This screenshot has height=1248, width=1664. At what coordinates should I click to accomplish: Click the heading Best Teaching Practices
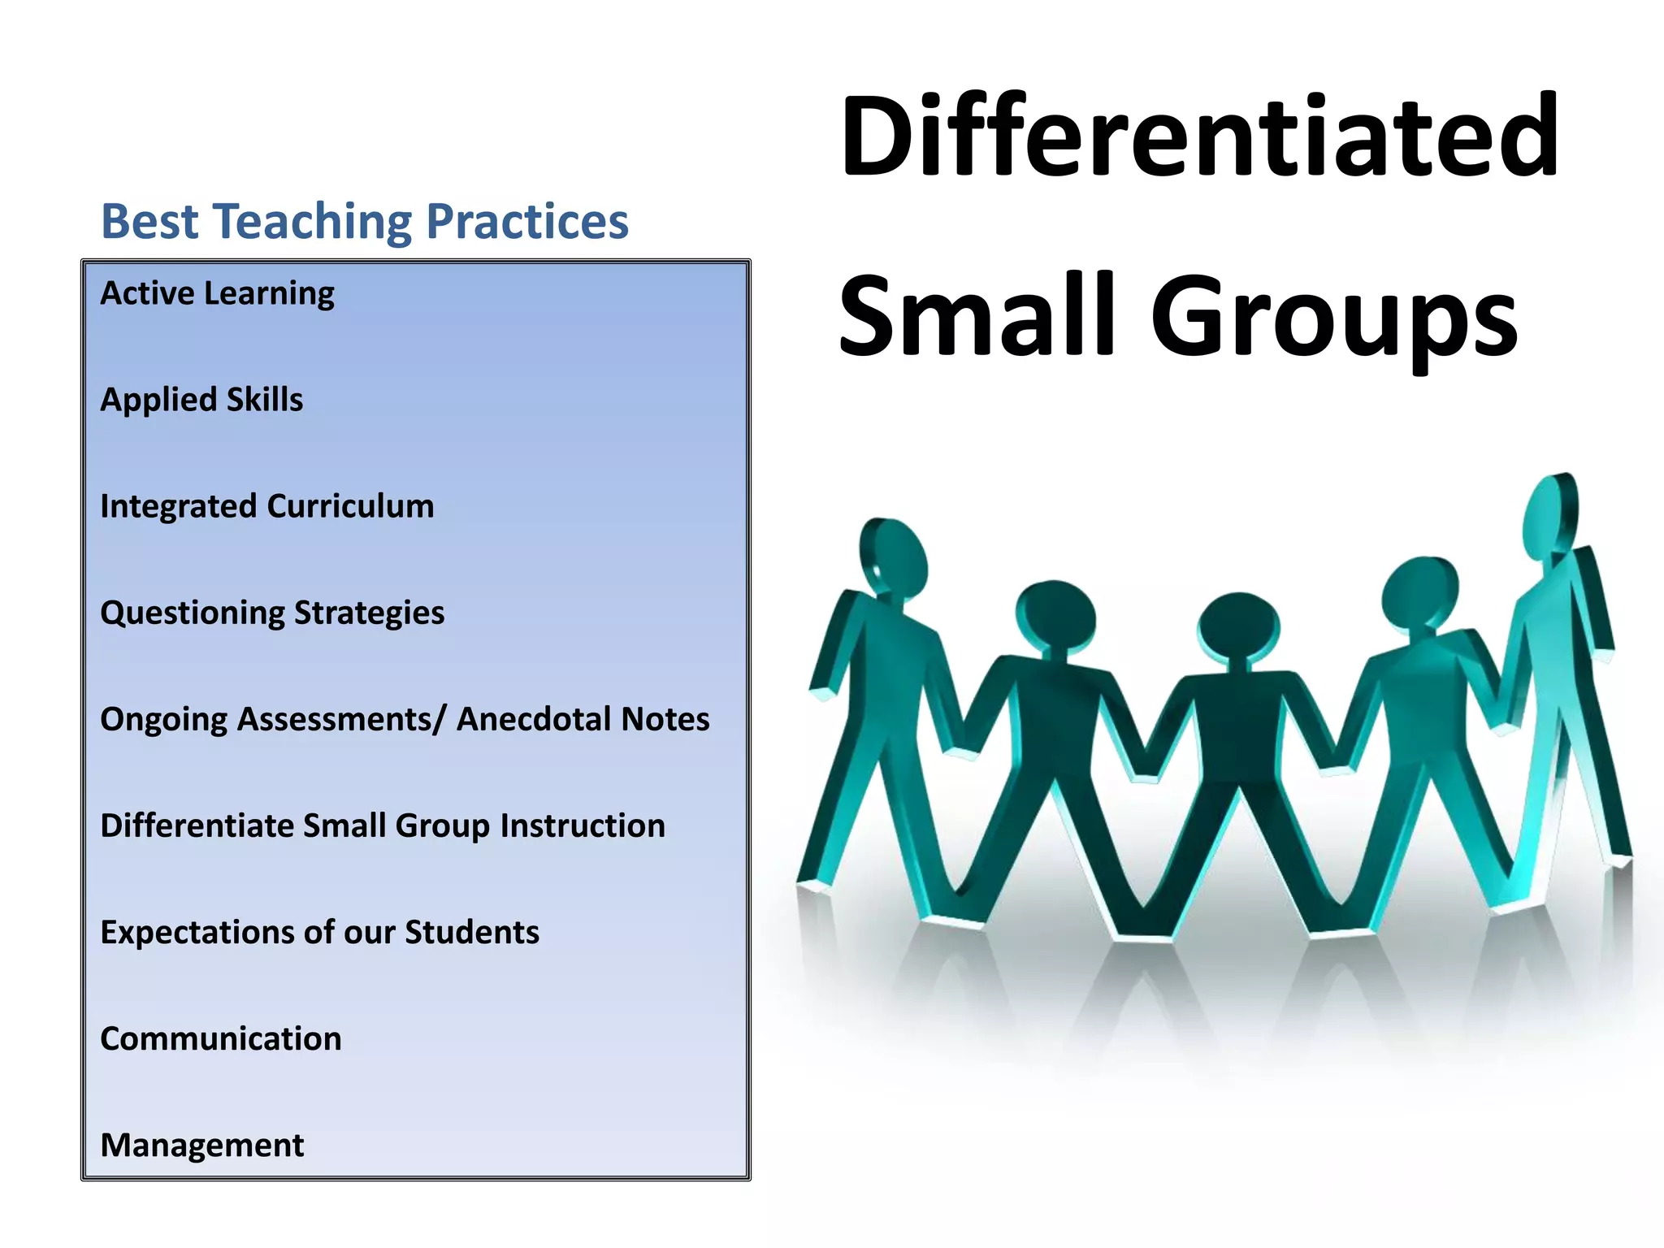tap(365, 221)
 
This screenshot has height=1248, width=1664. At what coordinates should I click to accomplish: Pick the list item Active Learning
tap(217, 293)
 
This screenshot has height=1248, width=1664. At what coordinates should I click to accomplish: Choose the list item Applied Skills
tap(201, 400)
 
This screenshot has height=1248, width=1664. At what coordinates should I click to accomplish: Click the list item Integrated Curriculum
tap(266, 506)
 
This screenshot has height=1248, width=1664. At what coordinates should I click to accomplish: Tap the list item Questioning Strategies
tap(272, 613)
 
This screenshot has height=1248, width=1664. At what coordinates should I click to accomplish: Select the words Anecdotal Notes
tap(583, 719)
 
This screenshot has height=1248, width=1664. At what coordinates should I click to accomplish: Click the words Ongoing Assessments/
tap(273, 720)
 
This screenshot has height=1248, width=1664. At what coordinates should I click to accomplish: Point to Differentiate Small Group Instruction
tap(383, 825)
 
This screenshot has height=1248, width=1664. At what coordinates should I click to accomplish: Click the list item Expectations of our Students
tap(319, 932)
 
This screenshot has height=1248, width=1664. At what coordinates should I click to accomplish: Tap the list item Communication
tap(221, 1038)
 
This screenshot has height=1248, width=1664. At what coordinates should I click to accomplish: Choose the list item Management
tap(201, 1145)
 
